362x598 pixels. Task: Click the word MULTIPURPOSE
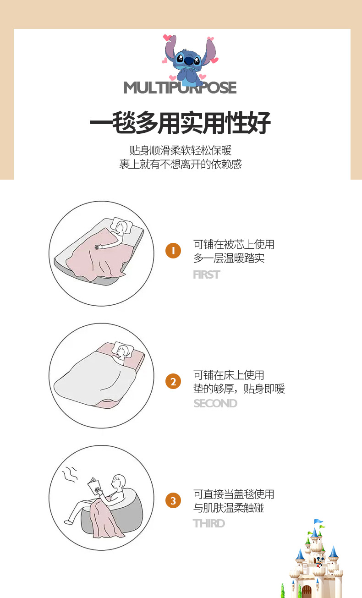(x=180, y=88)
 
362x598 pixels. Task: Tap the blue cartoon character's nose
(x=188, y=60)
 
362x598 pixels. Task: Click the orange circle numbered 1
(x=173, y=251)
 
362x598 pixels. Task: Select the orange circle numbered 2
(x=173, y=381)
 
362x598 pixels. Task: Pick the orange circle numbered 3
(x=173, y=500)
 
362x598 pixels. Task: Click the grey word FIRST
(x=207, y=274)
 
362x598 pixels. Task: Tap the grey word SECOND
(x=215, y=403)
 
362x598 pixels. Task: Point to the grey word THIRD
(x=209, y=523)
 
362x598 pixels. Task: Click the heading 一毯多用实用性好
(x=181, y=123)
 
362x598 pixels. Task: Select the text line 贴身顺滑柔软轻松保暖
(x=181, y=150)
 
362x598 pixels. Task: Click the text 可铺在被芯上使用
(x=234, y=245)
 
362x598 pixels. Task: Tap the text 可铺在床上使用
(x=229, y=375)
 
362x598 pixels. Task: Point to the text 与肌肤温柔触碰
(x=229, y=508)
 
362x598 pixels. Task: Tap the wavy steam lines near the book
(x=70, y=474)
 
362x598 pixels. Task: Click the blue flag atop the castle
(x=318, y=521)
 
